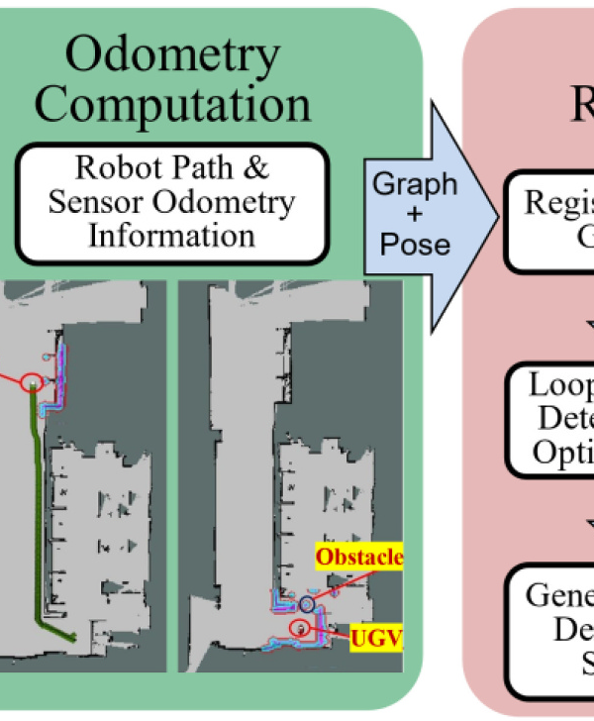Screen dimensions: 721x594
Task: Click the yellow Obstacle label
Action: click(359, 558)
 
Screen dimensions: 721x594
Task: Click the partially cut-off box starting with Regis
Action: click(549, 221)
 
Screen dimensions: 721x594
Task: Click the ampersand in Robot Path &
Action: click(255, 169)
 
